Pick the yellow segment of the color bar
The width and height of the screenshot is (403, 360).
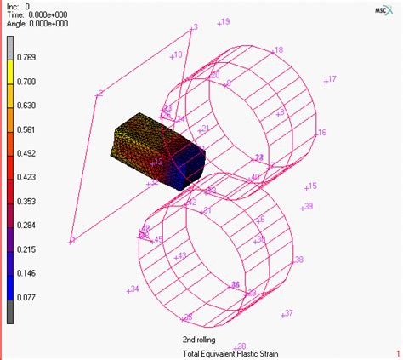coord(8,83)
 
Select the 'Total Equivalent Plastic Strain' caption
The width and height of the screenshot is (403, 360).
coord(230,353)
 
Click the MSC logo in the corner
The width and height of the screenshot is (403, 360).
coord(384,9)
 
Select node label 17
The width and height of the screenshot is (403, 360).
coord(330,79)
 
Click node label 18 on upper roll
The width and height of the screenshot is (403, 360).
coord(277,50)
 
